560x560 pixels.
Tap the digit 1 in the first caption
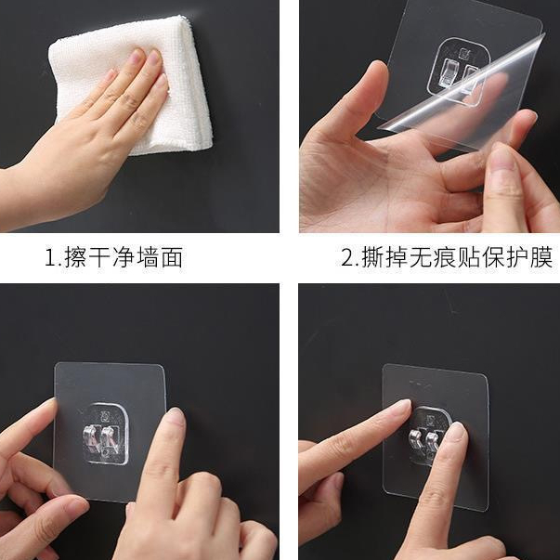(49, 257)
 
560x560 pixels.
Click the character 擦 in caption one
(75, 257)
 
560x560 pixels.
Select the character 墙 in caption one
(149, 257)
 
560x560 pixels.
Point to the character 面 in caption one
(172, 257)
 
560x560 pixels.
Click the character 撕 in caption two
(372, 257)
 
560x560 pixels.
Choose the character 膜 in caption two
(541, 257)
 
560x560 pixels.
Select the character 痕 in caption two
(445, 257)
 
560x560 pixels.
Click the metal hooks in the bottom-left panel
(101, 438)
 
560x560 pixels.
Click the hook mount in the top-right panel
(459, 72)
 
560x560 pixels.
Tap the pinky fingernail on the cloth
(111, 76)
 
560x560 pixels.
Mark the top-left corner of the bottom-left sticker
(56, 365)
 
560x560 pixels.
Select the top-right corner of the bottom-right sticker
(487, 375)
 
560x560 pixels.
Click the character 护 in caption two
(517, 257)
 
